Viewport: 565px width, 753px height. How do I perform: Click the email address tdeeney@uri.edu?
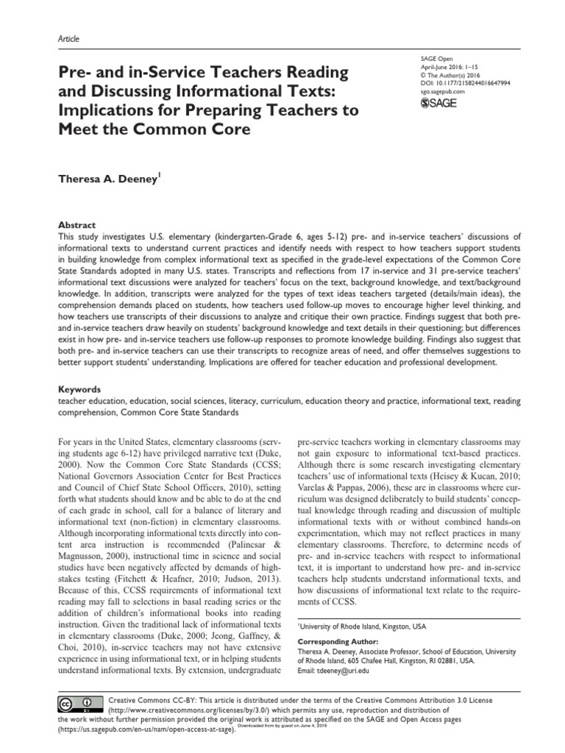pyautogui.click(x=344, y=670)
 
